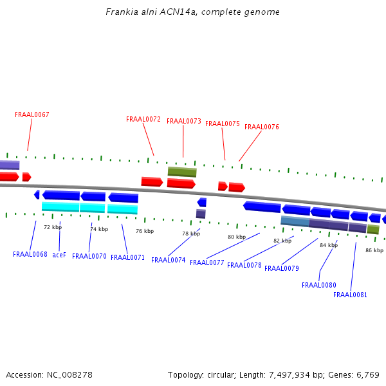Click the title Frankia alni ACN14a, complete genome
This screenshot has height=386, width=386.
(192, 12)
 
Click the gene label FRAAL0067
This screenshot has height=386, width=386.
(32, 115)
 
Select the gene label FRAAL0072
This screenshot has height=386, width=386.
(143, 120)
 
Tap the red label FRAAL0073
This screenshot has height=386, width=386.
(184, 122)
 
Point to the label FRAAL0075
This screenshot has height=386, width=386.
(223, 124)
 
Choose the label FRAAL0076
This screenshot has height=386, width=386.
(262, 127)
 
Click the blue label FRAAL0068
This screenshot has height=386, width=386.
(30, 255)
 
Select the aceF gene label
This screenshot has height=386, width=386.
(59, 255)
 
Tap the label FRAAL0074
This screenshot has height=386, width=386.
(169, 261)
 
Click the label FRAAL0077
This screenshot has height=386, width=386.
(207, 263)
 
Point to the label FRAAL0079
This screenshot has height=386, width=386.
(282, 269)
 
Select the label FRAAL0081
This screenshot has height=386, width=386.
(351, 295)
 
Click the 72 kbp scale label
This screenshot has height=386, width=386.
(53, 227)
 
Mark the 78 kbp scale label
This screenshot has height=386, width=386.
(191, 234)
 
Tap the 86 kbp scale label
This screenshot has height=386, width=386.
(374, 250)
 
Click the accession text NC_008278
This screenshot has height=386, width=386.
(69, 374)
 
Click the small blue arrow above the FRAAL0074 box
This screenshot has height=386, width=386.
(202, 203)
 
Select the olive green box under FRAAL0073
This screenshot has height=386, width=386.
(182, 172)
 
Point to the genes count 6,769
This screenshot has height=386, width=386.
(367, 374)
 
